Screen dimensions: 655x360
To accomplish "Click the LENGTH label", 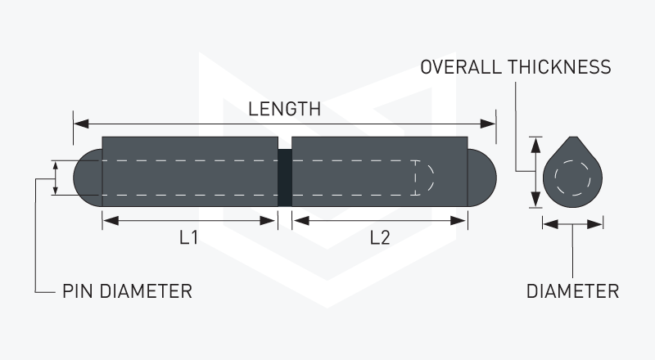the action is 284,109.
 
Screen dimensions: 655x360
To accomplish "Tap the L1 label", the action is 189,237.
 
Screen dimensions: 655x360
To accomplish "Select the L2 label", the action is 380,237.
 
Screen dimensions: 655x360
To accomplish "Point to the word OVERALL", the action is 461,67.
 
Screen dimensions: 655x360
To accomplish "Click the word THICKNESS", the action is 559,67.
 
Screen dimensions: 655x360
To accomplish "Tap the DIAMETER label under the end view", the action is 572,291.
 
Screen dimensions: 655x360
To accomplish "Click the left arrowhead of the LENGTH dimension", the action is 81,124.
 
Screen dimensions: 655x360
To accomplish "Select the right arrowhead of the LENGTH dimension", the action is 488,124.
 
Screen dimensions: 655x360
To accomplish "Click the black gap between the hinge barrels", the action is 285,178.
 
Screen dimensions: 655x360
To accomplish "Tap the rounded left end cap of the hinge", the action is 88,178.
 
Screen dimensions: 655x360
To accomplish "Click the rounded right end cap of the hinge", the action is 482,178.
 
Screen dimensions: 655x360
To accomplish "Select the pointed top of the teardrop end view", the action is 574,137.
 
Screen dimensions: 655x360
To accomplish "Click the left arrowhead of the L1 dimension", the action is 111,221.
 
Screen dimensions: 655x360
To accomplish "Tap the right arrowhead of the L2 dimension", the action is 458,221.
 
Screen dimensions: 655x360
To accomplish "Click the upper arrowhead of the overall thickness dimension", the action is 535,145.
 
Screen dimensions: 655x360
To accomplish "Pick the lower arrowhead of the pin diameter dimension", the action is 55,191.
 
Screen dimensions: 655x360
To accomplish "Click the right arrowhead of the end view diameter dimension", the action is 594,224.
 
